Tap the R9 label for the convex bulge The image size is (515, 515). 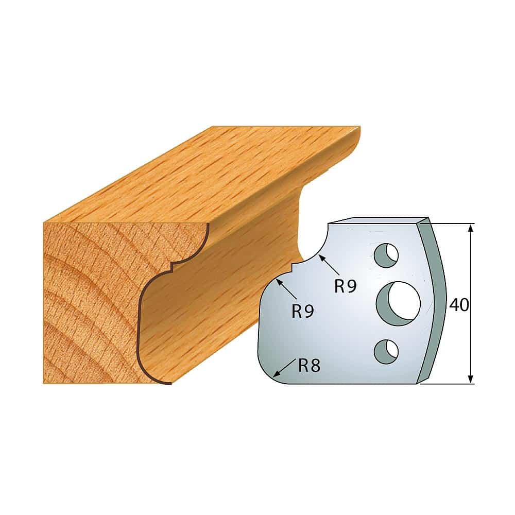point(303,311)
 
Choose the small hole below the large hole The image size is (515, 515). point(386,350)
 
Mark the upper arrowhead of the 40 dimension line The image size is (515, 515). point(471,229)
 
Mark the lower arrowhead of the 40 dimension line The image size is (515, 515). point(471,378)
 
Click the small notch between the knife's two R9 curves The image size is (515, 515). point(291,266)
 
